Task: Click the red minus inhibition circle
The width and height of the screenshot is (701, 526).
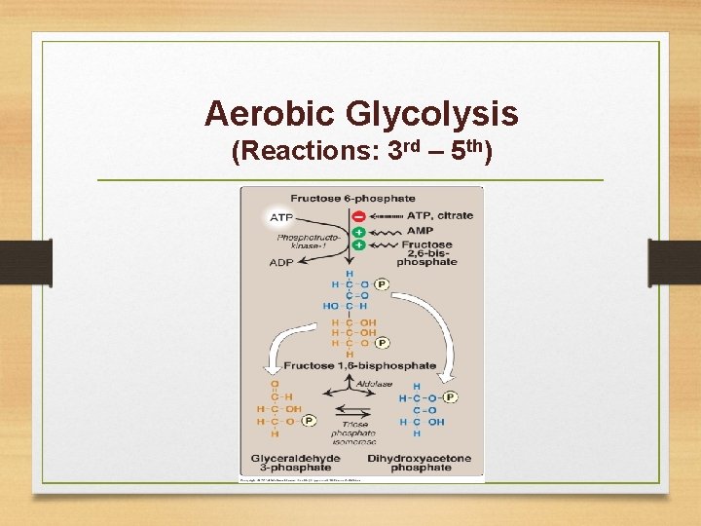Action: coord(359,216)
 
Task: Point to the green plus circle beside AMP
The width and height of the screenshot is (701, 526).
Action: coord(359,232)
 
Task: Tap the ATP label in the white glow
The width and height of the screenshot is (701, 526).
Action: coord(280,216)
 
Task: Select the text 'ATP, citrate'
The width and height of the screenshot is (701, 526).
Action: coord(440,216)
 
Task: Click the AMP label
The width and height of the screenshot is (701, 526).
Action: coord(420,232)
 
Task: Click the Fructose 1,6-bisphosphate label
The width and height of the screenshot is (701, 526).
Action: coord(360,365)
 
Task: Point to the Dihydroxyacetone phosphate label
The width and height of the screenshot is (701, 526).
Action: coord(419,463)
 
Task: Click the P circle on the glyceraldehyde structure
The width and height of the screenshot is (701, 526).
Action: coord(310,422)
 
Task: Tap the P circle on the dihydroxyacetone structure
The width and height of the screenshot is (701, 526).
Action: coord(450,397)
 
